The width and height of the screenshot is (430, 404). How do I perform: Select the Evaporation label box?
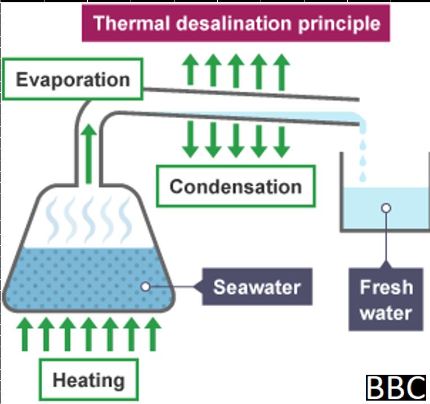pyautogui.click(x=73, y=79)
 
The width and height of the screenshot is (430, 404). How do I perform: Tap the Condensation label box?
pyautogui.click(x=235, y=186)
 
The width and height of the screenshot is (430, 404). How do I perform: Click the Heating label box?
pyautogui.click(x=88, y=380)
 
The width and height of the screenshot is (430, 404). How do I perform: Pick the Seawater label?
pyautogui.click(x=257, y=288)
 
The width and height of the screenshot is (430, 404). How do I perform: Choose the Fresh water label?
pyautogui.click(x=386, y=299)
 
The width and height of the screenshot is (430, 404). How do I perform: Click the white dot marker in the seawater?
pyautogui.click(x=145, y=287)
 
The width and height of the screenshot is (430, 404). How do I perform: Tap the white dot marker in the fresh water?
pyautogui.click(x=386, y=208)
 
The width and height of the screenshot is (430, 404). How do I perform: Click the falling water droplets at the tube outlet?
pyautogui.click(x=362, y=149)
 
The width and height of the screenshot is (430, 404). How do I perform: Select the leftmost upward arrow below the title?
pyautogui.click(x=192, y=70)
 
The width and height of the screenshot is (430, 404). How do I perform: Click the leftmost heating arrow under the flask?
pyautogui.click(x=24, y=333)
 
